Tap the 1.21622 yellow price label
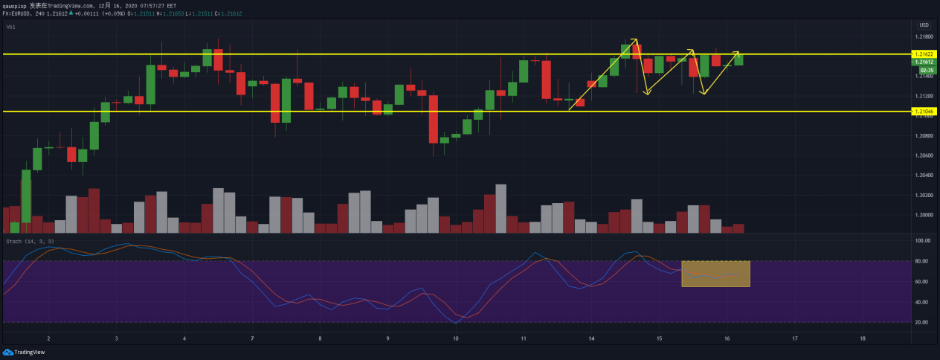pyautogui.click(x=924, y=54)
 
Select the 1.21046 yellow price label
pyautogui.click(x=924, y=111)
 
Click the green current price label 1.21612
pyautogui.click(x=924, y=62)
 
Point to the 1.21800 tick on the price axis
pyautogui.click(x=924, y=36)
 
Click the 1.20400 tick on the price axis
pyautogui.click(x=924, y=176)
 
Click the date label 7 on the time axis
pyautogui.click(x=253, y=338)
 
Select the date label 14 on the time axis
pyautogui.click(x=591, y=338)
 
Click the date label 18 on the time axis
pyautogui.click(x=862, y=338)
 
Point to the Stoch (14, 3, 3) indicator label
pyautogui.click(x=30, y=242)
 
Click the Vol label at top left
pyautogui.click(x=11, y=27)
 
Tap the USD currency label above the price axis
pyautogui.click(x=924, y=25)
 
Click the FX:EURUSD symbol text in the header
pyautogui.click(x=17, y=13)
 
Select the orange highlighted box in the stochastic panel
pyautogui.click(x=715, y=273)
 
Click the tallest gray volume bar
pyautogui.click(x=500, y=208)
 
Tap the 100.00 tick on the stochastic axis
pyautogui.click(x=923, y=241)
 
